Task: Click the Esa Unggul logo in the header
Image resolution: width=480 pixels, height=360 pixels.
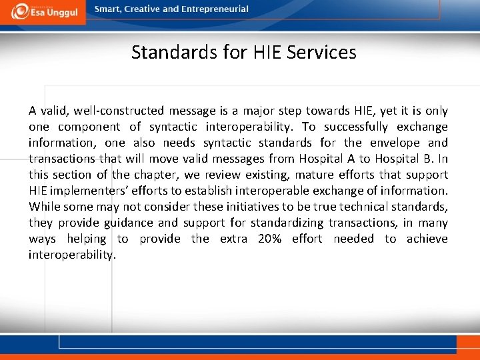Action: (43, 11)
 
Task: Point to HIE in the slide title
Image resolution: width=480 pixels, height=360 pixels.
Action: (268, 52)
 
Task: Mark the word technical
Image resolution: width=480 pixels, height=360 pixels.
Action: (361, 207)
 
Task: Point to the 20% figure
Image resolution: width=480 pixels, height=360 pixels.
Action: (269, 239)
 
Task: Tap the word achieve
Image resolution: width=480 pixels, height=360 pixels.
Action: (427, 239)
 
